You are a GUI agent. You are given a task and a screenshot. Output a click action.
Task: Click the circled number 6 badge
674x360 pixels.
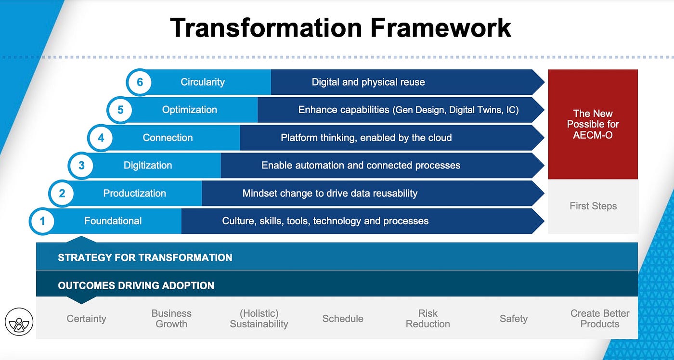(x=140, y=82)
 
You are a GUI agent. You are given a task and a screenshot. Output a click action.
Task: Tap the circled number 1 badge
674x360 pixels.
(x=42, y=221)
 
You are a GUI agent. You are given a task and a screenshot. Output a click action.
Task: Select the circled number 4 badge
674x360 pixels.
(x=101, y=138)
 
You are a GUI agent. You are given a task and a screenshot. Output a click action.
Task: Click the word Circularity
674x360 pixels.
(x=203, y=82)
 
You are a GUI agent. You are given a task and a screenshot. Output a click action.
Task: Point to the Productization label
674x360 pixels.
(x=134, y=193)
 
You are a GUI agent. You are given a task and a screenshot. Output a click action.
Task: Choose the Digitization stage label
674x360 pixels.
(x=148, y=166)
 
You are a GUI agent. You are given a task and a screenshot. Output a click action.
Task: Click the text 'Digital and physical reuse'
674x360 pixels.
(x=368, y=82)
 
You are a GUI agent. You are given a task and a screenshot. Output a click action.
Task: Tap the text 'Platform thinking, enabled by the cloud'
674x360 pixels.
(x=366, y=138)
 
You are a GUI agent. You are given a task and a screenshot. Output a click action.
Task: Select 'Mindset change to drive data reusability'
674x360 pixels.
(x=330, y=193)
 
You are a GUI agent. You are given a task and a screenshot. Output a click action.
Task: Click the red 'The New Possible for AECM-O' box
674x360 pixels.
(x=593, y=124)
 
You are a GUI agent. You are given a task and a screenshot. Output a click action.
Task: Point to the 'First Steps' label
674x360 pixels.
(x=593, y=206)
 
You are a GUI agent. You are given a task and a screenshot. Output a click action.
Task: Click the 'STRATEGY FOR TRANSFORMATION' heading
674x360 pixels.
(x=145, y=258)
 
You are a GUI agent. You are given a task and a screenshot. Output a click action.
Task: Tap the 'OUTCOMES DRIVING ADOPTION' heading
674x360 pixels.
(x=136, y=285)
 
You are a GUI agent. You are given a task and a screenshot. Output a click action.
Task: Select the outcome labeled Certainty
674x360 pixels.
(x=86, y=319)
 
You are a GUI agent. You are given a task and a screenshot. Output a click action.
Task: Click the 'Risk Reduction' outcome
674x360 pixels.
(x=428, y=319)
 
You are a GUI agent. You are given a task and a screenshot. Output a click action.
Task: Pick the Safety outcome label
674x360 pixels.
(x=514, y=319)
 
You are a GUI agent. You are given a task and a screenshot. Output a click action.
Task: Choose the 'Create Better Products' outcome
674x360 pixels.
(x=600, y=319)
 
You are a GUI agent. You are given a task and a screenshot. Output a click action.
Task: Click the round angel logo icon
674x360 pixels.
(x=19, y=321)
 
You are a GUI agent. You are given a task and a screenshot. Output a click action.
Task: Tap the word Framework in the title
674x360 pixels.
(x=441, y=27)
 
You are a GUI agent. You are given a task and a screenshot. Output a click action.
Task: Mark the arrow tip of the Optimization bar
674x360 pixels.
(x=544, y=110)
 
